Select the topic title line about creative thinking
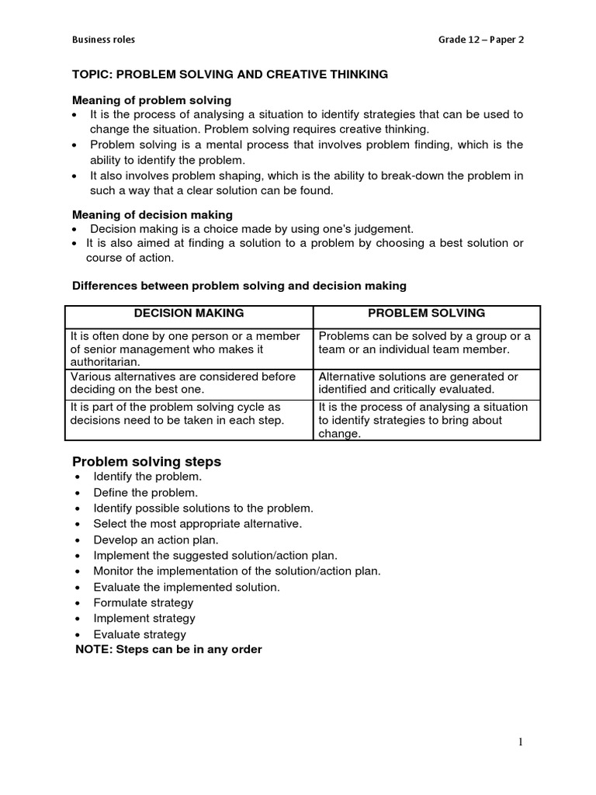coord(230,75)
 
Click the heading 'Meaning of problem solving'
coord(151,100)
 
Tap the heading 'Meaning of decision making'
coord(152,214)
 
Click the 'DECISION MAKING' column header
coord(189,313)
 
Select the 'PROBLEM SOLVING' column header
coord(426,313)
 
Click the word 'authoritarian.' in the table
coord(106,362)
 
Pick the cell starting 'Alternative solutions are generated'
coord(418,383)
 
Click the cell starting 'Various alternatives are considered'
coord(182,383)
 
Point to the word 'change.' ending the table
coord(340,434)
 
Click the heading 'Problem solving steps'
coord(147,462)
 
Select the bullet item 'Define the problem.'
coord(146,492)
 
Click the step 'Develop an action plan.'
coord(156,540)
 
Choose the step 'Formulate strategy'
coord(144,602)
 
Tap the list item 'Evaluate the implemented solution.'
coord(186,587)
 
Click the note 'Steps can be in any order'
coord(168,649)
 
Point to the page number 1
coord(521,742)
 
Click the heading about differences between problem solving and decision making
coord(239,286)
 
